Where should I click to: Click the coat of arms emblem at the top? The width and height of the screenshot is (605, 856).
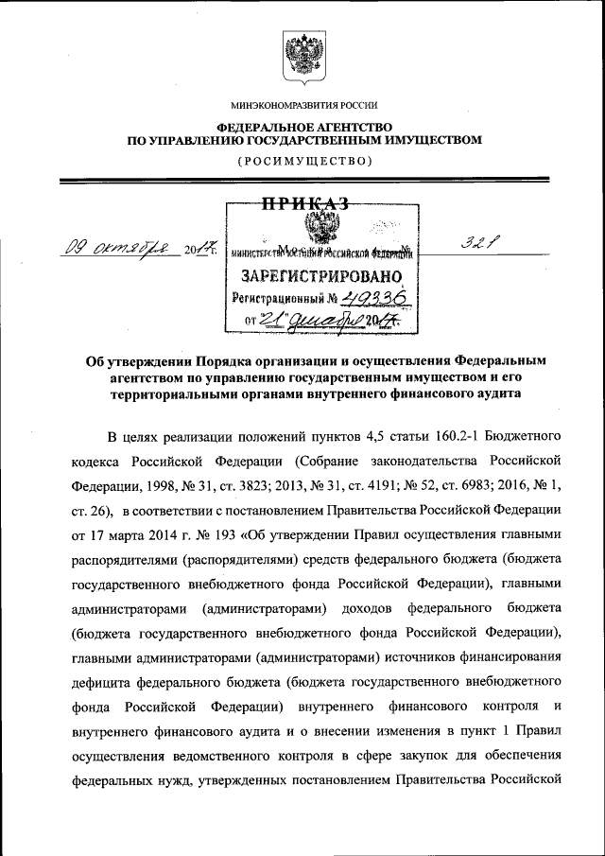pyautogui.click(x=302, y=54)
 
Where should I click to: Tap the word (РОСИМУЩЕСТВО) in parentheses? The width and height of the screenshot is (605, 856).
pyautogui.click(x=302, y=161)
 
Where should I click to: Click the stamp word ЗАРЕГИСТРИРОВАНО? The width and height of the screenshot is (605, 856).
pyautogui.click(x=322, y=277)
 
